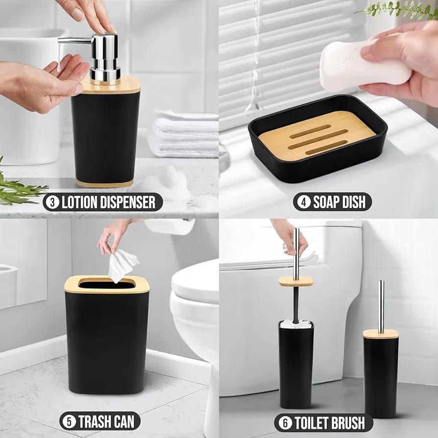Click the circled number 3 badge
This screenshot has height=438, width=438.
52,202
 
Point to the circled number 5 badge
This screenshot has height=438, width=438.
69,421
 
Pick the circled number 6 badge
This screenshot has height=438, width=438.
285,423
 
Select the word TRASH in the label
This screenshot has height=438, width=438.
95,421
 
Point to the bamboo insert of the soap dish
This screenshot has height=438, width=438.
316,136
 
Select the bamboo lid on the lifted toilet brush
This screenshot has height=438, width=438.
296,281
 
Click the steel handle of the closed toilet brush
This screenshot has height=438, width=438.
381,306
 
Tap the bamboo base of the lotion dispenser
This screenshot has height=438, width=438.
104,184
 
